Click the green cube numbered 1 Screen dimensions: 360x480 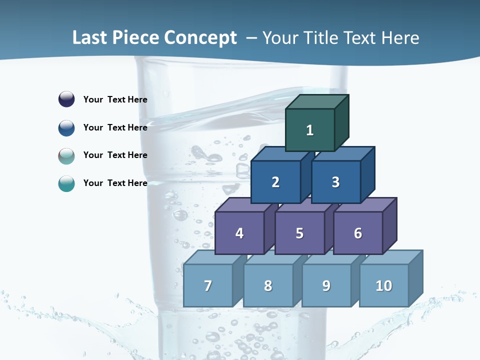pos(310,130)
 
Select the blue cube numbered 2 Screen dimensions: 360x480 pos(275,182)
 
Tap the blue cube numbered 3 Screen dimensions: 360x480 pos(335,182)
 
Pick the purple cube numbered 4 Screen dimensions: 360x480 pos(239,233)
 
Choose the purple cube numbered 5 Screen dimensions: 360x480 pos(299,233)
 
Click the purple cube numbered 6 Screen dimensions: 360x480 pos(358,233)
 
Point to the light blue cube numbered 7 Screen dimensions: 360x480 pos(208,285)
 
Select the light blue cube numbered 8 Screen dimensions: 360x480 pos(268,285)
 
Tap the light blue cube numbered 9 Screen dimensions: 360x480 pos(326,285)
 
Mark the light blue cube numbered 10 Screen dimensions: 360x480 pos(384,285)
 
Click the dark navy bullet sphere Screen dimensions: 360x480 pos(66,99)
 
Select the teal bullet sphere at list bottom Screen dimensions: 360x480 pos(66,183)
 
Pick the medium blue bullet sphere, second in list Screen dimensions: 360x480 pos(66,127)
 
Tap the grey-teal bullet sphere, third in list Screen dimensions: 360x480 pos(66,155)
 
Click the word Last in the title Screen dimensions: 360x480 pos(89,37)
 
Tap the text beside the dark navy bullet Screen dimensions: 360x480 pos(115,99)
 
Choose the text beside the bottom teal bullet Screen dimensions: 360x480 pos(115,183)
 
